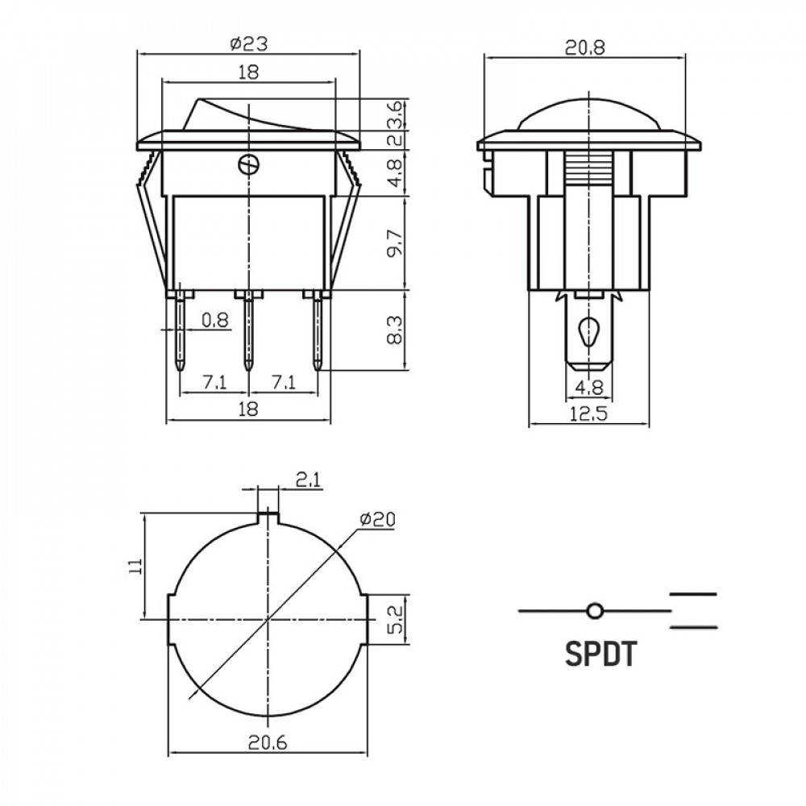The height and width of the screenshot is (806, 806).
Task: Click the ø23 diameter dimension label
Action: [x=249, y=44]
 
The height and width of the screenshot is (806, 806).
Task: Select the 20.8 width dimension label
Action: [x=585, y=47]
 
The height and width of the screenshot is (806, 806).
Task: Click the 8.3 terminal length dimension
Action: [x=394, y=330]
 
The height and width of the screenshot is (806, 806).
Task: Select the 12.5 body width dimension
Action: [x=588, y=413]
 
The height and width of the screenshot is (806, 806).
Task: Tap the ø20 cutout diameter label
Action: [x=378, y=520]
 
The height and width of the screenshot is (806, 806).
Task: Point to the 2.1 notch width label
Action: [x=309, y=480]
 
